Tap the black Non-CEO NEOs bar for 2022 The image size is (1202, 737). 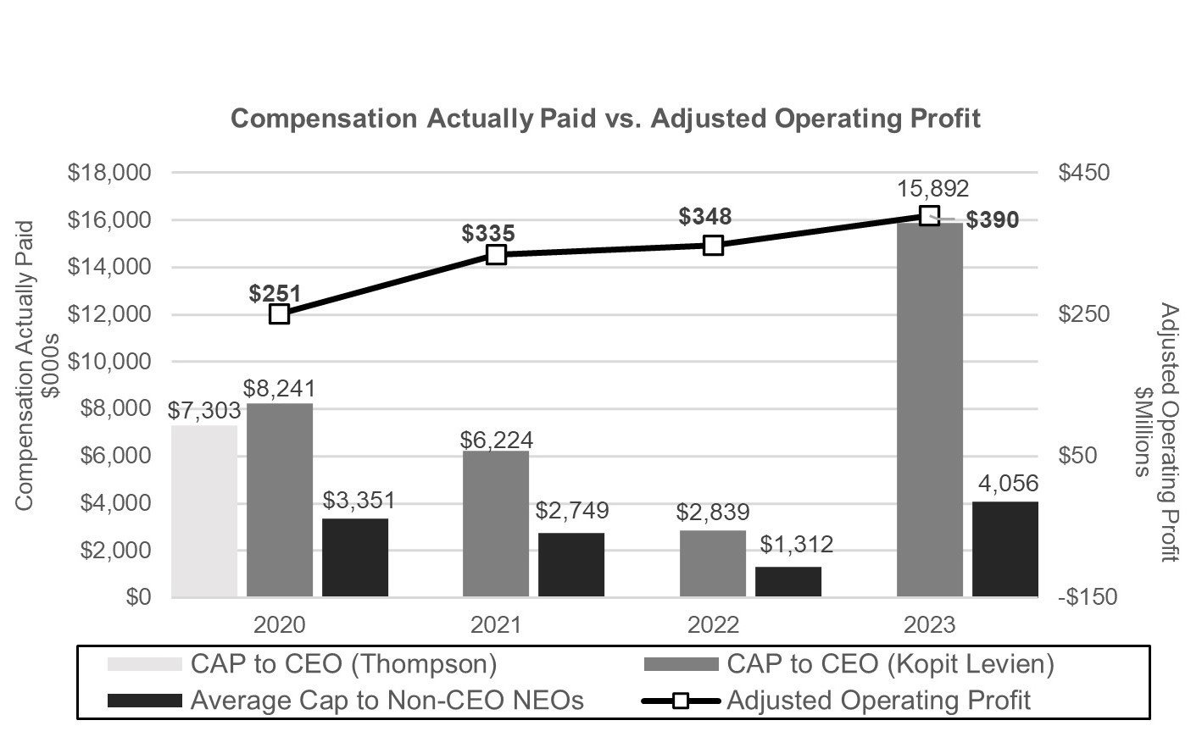pyautogui.click(x=788, y=582)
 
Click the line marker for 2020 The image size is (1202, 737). pyautogui.click(x=280, y=314)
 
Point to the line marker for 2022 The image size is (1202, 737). pyautogui.click(x=713, y=246)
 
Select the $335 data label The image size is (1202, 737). pyautogui.click(x=488, y=233)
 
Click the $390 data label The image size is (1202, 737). pyautogui.click(x=993, y=220)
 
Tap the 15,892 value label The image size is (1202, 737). pyautogui.click(x=933, y=189)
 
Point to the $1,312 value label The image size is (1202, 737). pyautogui.click(x=796, y=544)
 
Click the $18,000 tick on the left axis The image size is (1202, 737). pyautogui.click(x=109, y=173)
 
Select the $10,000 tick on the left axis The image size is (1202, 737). pyautogui.click(x=109, y=362)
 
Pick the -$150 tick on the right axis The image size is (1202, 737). pyautogui.click(x=1088, y=597)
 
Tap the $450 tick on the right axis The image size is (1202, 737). pyautogui.click(x=1083, y=173)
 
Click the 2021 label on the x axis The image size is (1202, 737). pyautogui.click(x=496, y=625)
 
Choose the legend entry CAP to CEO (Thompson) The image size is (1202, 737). pyautogui.click(x=343, y=663)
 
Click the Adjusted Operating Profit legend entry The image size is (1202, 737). pyautogui.click(x=878, y=701)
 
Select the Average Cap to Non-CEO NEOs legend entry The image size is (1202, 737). pyautogui.click(x=387, y=701)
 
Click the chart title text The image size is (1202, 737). pyautogui.click(x=605, y=118)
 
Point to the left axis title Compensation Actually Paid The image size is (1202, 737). pyautogui.click(x=24, y=365)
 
